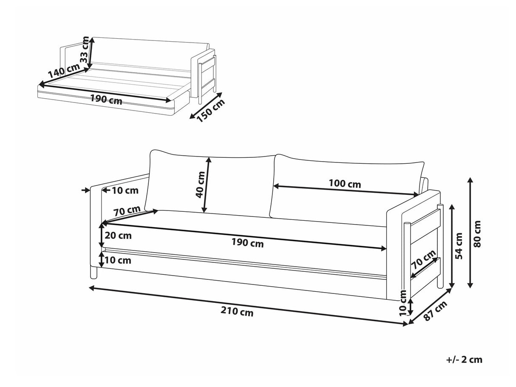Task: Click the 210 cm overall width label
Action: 237,313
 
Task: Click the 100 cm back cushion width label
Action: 345,184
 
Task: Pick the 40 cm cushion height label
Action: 200,184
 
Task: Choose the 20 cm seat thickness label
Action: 118,235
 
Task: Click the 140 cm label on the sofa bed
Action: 63,72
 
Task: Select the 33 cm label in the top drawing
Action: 86,50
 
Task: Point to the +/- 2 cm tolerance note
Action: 465,360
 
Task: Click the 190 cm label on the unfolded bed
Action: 106,101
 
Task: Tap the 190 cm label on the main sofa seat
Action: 247,243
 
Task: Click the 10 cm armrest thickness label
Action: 126,191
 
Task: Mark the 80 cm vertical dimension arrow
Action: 470,233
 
